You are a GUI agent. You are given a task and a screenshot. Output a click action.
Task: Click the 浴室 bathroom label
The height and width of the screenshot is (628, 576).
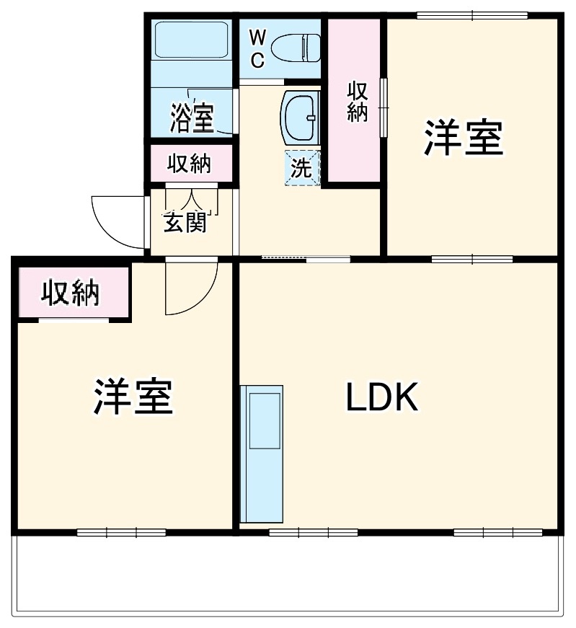pyautogui.click(x=192, y=118)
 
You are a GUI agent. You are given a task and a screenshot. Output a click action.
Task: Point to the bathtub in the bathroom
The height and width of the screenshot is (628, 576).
pyautogui.click(x=192, y=44)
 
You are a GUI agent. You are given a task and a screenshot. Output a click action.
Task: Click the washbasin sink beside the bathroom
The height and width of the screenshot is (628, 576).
pyautogui.click(x=299, y=115)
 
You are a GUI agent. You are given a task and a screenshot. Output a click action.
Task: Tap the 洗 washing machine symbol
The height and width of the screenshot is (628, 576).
pyautogui.click(x=301, y=168)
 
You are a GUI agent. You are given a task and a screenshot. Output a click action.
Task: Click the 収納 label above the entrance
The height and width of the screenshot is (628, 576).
pyautogui.click(x=190, y=164)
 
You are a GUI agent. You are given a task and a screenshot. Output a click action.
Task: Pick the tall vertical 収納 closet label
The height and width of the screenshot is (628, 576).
pyautogui.click(x=357, y=101)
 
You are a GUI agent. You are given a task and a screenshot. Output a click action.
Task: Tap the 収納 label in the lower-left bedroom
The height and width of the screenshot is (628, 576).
pyautogui.click(x=70, y=293)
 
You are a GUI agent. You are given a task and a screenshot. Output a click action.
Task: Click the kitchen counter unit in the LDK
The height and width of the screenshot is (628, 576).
pyautogui.click(x=262, y=454)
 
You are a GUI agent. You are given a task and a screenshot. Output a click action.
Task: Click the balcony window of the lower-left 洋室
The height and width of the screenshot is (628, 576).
pyautogui.click(x=121, y=534)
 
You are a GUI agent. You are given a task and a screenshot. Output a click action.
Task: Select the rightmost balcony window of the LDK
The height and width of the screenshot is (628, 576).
pyautogui.click(x=497, y=534)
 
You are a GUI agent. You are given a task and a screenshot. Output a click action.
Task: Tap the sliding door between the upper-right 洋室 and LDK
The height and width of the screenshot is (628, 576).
pyautogui.click(x=471, y=259)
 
